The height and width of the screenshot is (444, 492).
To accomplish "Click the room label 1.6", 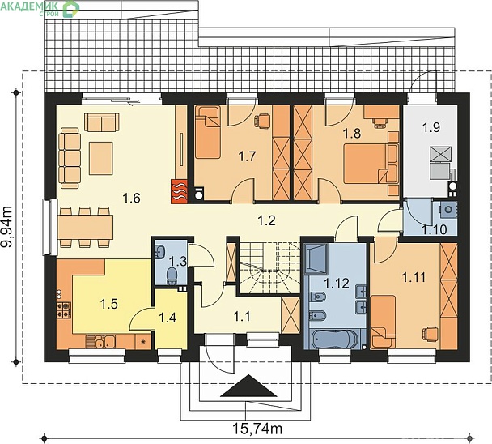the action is click(131, 199).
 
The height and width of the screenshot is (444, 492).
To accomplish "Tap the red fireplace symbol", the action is click(179, 191).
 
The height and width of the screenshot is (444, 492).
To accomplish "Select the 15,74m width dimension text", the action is click(257, 428).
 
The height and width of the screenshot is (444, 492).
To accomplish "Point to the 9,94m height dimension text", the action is click(7, 227).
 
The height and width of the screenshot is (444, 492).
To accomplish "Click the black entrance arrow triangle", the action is click(248, 386).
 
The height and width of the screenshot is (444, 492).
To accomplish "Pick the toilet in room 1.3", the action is click(172, 275).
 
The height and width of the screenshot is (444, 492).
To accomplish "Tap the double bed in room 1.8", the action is click(371, 164).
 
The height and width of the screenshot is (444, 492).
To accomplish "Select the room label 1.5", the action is click(109, 304).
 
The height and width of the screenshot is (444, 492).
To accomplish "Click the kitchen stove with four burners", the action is click(63, 310).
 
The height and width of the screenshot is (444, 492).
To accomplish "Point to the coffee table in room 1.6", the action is click(100, 158).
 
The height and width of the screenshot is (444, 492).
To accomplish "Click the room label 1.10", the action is click(435, 230).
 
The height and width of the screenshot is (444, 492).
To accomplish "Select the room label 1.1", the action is click(242, 317).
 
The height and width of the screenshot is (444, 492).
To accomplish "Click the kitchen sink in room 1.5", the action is click(100, 342).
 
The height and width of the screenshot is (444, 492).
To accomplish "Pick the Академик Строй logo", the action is click(40, 8).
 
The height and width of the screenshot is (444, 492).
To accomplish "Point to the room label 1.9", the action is click(430, 127).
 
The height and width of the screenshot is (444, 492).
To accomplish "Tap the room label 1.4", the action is click(168, 318).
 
